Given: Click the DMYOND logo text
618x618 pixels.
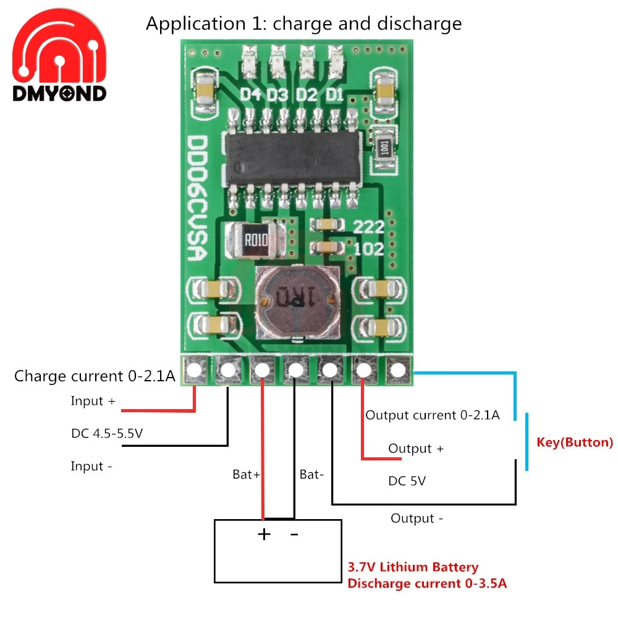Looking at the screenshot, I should [59, 93].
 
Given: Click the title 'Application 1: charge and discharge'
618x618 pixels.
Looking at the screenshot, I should [303, 23].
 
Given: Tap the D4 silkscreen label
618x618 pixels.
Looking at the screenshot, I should [251, 95].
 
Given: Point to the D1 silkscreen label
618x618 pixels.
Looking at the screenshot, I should [335, 95].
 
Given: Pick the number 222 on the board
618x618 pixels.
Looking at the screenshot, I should [368, 227].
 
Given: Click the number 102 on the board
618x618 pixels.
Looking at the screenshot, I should [368, 249].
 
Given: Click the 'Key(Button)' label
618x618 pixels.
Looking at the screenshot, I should [575, 442].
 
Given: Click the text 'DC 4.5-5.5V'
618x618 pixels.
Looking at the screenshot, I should [107, 434].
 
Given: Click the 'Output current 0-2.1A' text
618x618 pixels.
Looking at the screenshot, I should [432, 415].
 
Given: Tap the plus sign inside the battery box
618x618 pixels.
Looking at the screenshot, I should [264, 534].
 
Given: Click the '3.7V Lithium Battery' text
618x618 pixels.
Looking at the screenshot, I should [413, 567].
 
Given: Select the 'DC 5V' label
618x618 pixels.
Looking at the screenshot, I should [407, 481].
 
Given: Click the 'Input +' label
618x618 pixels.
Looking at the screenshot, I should [93, 401].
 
